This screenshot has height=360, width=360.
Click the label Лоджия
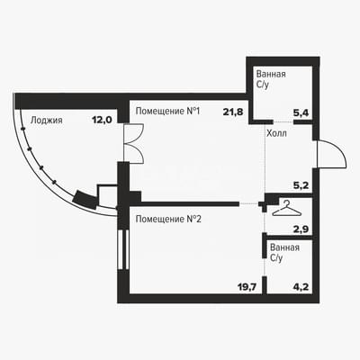tap(47, 121)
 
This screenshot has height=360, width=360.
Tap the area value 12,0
tap(102, 120)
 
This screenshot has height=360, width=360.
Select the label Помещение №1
tap(167, 112)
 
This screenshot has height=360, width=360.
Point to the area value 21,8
tap(233, 112)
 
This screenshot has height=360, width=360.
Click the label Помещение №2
tap(168, 220)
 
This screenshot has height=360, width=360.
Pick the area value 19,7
tap(247, 287)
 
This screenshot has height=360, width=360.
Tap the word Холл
tap(276, 133)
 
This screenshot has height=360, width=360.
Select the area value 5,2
tap(301, 185)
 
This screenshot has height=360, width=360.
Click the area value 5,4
tap(301, 112)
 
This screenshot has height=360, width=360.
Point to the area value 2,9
tap(301, 229)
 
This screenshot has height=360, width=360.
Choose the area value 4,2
tap(301, 287)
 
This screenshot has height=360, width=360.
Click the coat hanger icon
tap(286, 209)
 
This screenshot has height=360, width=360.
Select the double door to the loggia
tap(134, 143)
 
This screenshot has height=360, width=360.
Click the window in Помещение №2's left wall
tap(123, 249)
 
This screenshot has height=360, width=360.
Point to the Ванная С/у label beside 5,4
tap(271, 79)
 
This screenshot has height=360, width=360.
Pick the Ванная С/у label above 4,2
tap(284, 253)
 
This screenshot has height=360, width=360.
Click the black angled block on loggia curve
tap(85, 199)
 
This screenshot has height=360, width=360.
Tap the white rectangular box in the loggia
tap(107, 196)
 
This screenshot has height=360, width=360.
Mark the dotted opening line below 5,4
tap(283, 121)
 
